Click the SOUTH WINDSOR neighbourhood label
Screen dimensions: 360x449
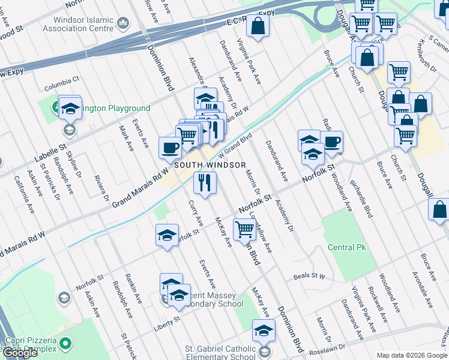click(x=210, y=165)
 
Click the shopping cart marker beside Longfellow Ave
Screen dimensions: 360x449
click(x=244, y=229)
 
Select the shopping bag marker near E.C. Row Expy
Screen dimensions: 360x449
click(x=258, y=26)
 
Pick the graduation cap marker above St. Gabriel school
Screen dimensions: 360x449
click(x=263, y=331)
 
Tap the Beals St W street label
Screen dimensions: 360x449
click(x=309, y=277)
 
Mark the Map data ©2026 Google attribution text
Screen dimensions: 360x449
click(x=411, y=355)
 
